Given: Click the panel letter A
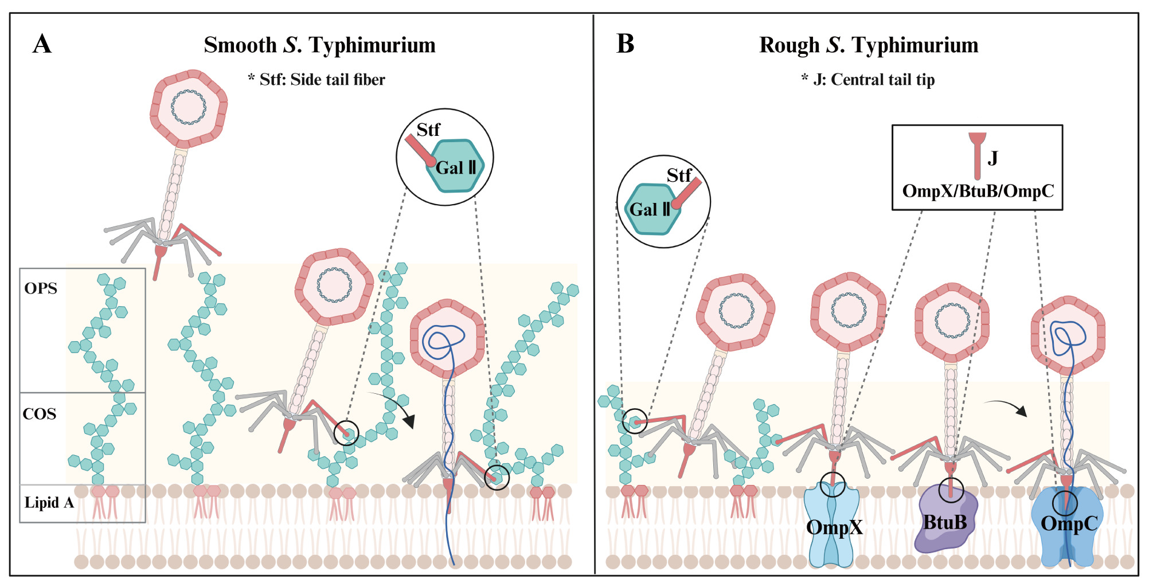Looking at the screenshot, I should coord(42,44).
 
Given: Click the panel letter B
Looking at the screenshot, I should coord(625,44).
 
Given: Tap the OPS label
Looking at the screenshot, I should coord(41,288).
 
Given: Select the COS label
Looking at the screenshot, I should coord(40,414).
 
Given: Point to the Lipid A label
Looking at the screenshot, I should coord(49,503).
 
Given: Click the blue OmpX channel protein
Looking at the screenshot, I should coord(831,539).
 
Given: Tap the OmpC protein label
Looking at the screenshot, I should coord(1069,523).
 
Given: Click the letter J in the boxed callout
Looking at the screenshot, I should coord(992,158).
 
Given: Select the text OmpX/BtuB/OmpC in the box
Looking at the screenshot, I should coord(978,191).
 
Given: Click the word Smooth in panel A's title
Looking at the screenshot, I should coord(240,45).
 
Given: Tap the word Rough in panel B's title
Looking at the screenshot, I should coord(789,45).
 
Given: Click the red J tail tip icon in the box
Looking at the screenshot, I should coord(977,155).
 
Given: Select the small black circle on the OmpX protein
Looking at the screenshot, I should coord(833,485).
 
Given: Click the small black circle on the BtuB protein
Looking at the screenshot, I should coord(951,491).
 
